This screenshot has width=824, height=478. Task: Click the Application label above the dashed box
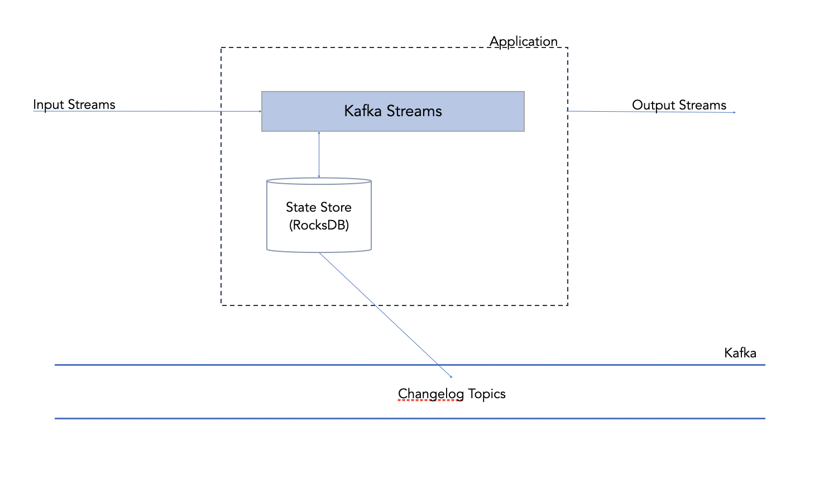tap(523, 41)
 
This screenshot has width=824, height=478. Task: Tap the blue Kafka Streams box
tap(393, 111)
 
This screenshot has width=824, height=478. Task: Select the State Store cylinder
tap(319, 215)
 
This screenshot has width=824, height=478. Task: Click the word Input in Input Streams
tap(49, 105)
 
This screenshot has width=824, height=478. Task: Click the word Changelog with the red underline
tap(431, 394)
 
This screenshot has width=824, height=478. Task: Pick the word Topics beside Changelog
tap(487, 394)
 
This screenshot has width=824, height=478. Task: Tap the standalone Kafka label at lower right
tap(740, 353)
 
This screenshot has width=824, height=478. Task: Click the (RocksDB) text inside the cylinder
tap(319, 225)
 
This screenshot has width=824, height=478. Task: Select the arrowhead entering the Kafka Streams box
tap(260, 111)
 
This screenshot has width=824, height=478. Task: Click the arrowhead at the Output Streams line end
tap(734, 112)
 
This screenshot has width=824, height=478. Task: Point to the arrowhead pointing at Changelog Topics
tap(451, 376)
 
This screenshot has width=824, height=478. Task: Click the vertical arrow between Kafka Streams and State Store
tap(319, 155)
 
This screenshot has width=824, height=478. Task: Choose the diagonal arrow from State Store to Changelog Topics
tap(386, 315)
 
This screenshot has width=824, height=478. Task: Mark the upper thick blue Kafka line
tap(410, 365)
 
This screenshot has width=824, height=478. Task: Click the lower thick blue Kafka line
tap(410, 418)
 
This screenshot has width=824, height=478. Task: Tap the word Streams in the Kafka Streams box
tap(414, 111)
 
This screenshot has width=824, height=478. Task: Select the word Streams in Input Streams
tap(92, 105)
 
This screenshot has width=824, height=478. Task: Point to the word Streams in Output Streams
tap(703, 105)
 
